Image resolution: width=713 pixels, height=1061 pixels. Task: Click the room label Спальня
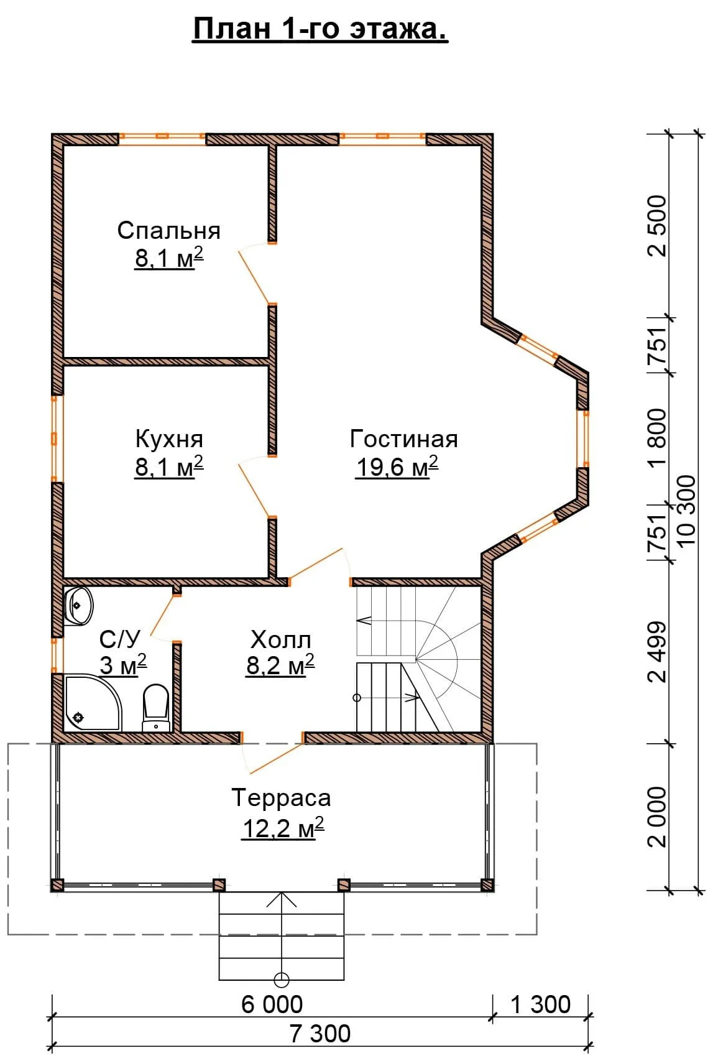coord(168,231)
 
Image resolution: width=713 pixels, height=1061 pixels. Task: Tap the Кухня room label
coord(169,439)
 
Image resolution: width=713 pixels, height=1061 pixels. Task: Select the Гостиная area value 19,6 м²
coord(397,467)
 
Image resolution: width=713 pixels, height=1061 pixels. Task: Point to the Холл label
coord(281,640)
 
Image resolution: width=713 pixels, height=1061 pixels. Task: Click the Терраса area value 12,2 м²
coord(283,828)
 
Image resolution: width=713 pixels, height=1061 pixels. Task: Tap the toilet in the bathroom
coord(156,707)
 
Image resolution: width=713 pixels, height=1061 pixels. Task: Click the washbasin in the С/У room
coord(78,606)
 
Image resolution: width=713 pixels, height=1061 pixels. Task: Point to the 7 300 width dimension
coord(320,1034)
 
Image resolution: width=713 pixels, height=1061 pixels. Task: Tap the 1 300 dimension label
coord(541,1004)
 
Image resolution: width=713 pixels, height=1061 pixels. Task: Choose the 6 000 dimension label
coord(272,1004)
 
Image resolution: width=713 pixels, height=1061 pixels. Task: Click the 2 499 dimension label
coord(657,652)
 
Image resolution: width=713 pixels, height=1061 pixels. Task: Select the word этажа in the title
coord(398,29)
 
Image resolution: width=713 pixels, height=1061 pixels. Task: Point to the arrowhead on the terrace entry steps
coord(281,899)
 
